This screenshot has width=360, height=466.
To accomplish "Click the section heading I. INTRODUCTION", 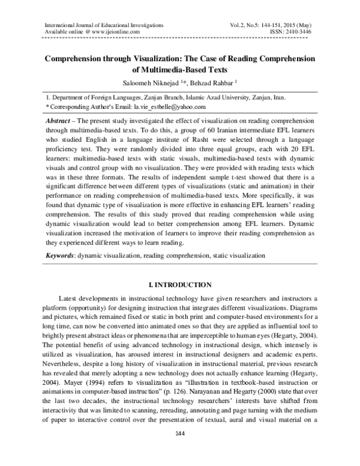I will click(179, 283).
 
